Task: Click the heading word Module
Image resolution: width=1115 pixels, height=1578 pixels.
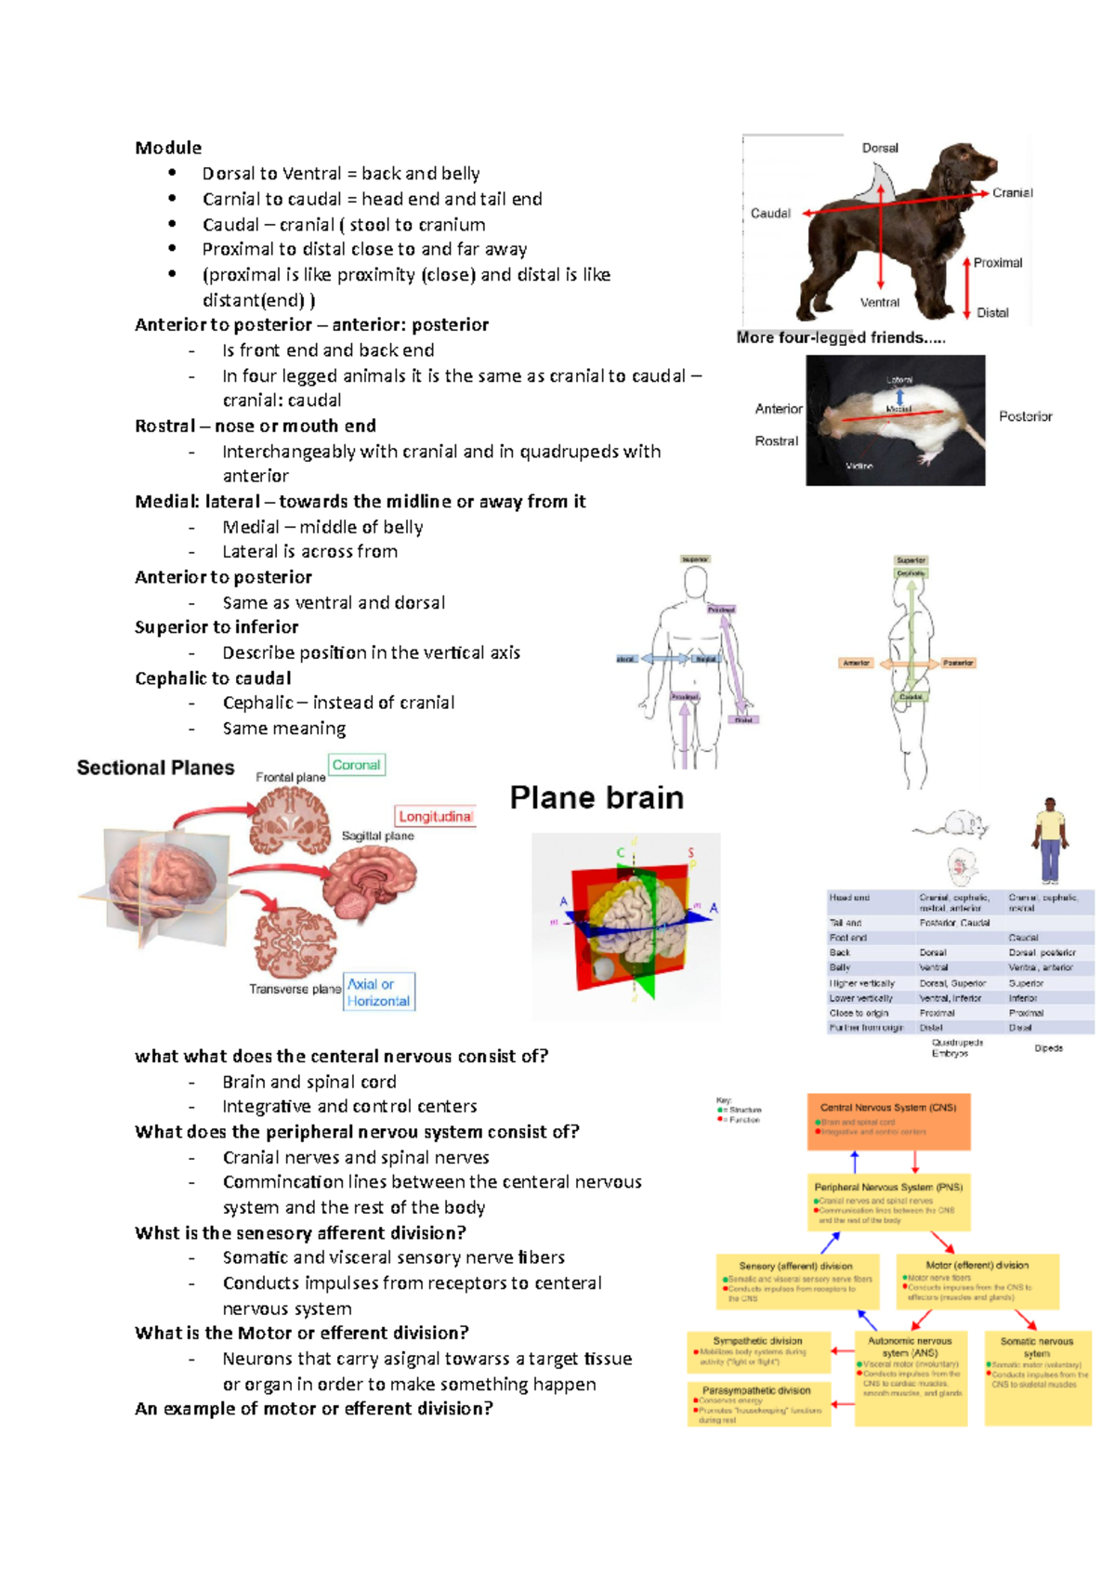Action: tap(168, 148)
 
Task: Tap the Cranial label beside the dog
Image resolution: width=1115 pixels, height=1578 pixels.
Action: tap(1012, 192)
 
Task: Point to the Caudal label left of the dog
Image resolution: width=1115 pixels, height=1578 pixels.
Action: tap(770, 213)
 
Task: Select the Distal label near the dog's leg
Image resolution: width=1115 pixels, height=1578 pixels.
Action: tap(992, 313)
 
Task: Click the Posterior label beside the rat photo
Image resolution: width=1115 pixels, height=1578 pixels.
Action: tap(1025, 416)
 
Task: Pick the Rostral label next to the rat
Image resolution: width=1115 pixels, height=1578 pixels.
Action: tap(776, 441)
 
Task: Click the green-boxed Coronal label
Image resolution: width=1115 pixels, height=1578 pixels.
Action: tap(356, 765)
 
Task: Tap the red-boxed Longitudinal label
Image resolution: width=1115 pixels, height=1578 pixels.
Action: tap(435, 816)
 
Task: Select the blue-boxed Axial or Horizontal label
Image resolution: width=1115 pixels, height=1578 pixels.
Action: tap(378, 993)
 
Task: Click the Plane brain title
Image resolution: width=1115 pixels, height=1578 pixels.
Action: tap(597, 797)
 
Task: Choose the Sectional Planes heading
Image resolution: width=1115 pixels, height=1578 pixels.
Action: tap(155, 768)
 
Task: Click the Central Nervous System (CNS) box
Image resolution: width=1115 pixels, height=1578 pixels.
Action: tap(888, 1121)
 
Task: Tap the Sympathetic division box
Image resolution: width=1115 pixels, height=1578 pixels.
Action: tap(758, 1352)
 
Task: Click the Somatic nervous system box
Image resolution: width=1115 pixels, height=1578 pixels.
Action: tap(1037, 1377)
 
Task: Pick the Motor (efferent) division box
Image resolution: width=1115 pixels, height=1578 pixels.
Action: tap(977, 1281)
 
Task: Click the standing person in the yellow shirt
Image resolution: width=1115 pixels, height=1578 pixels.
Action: tap(1050, 839)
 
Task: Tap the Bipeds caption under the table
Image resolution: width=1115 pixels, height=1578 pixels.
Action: tap(1048, 1048)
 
